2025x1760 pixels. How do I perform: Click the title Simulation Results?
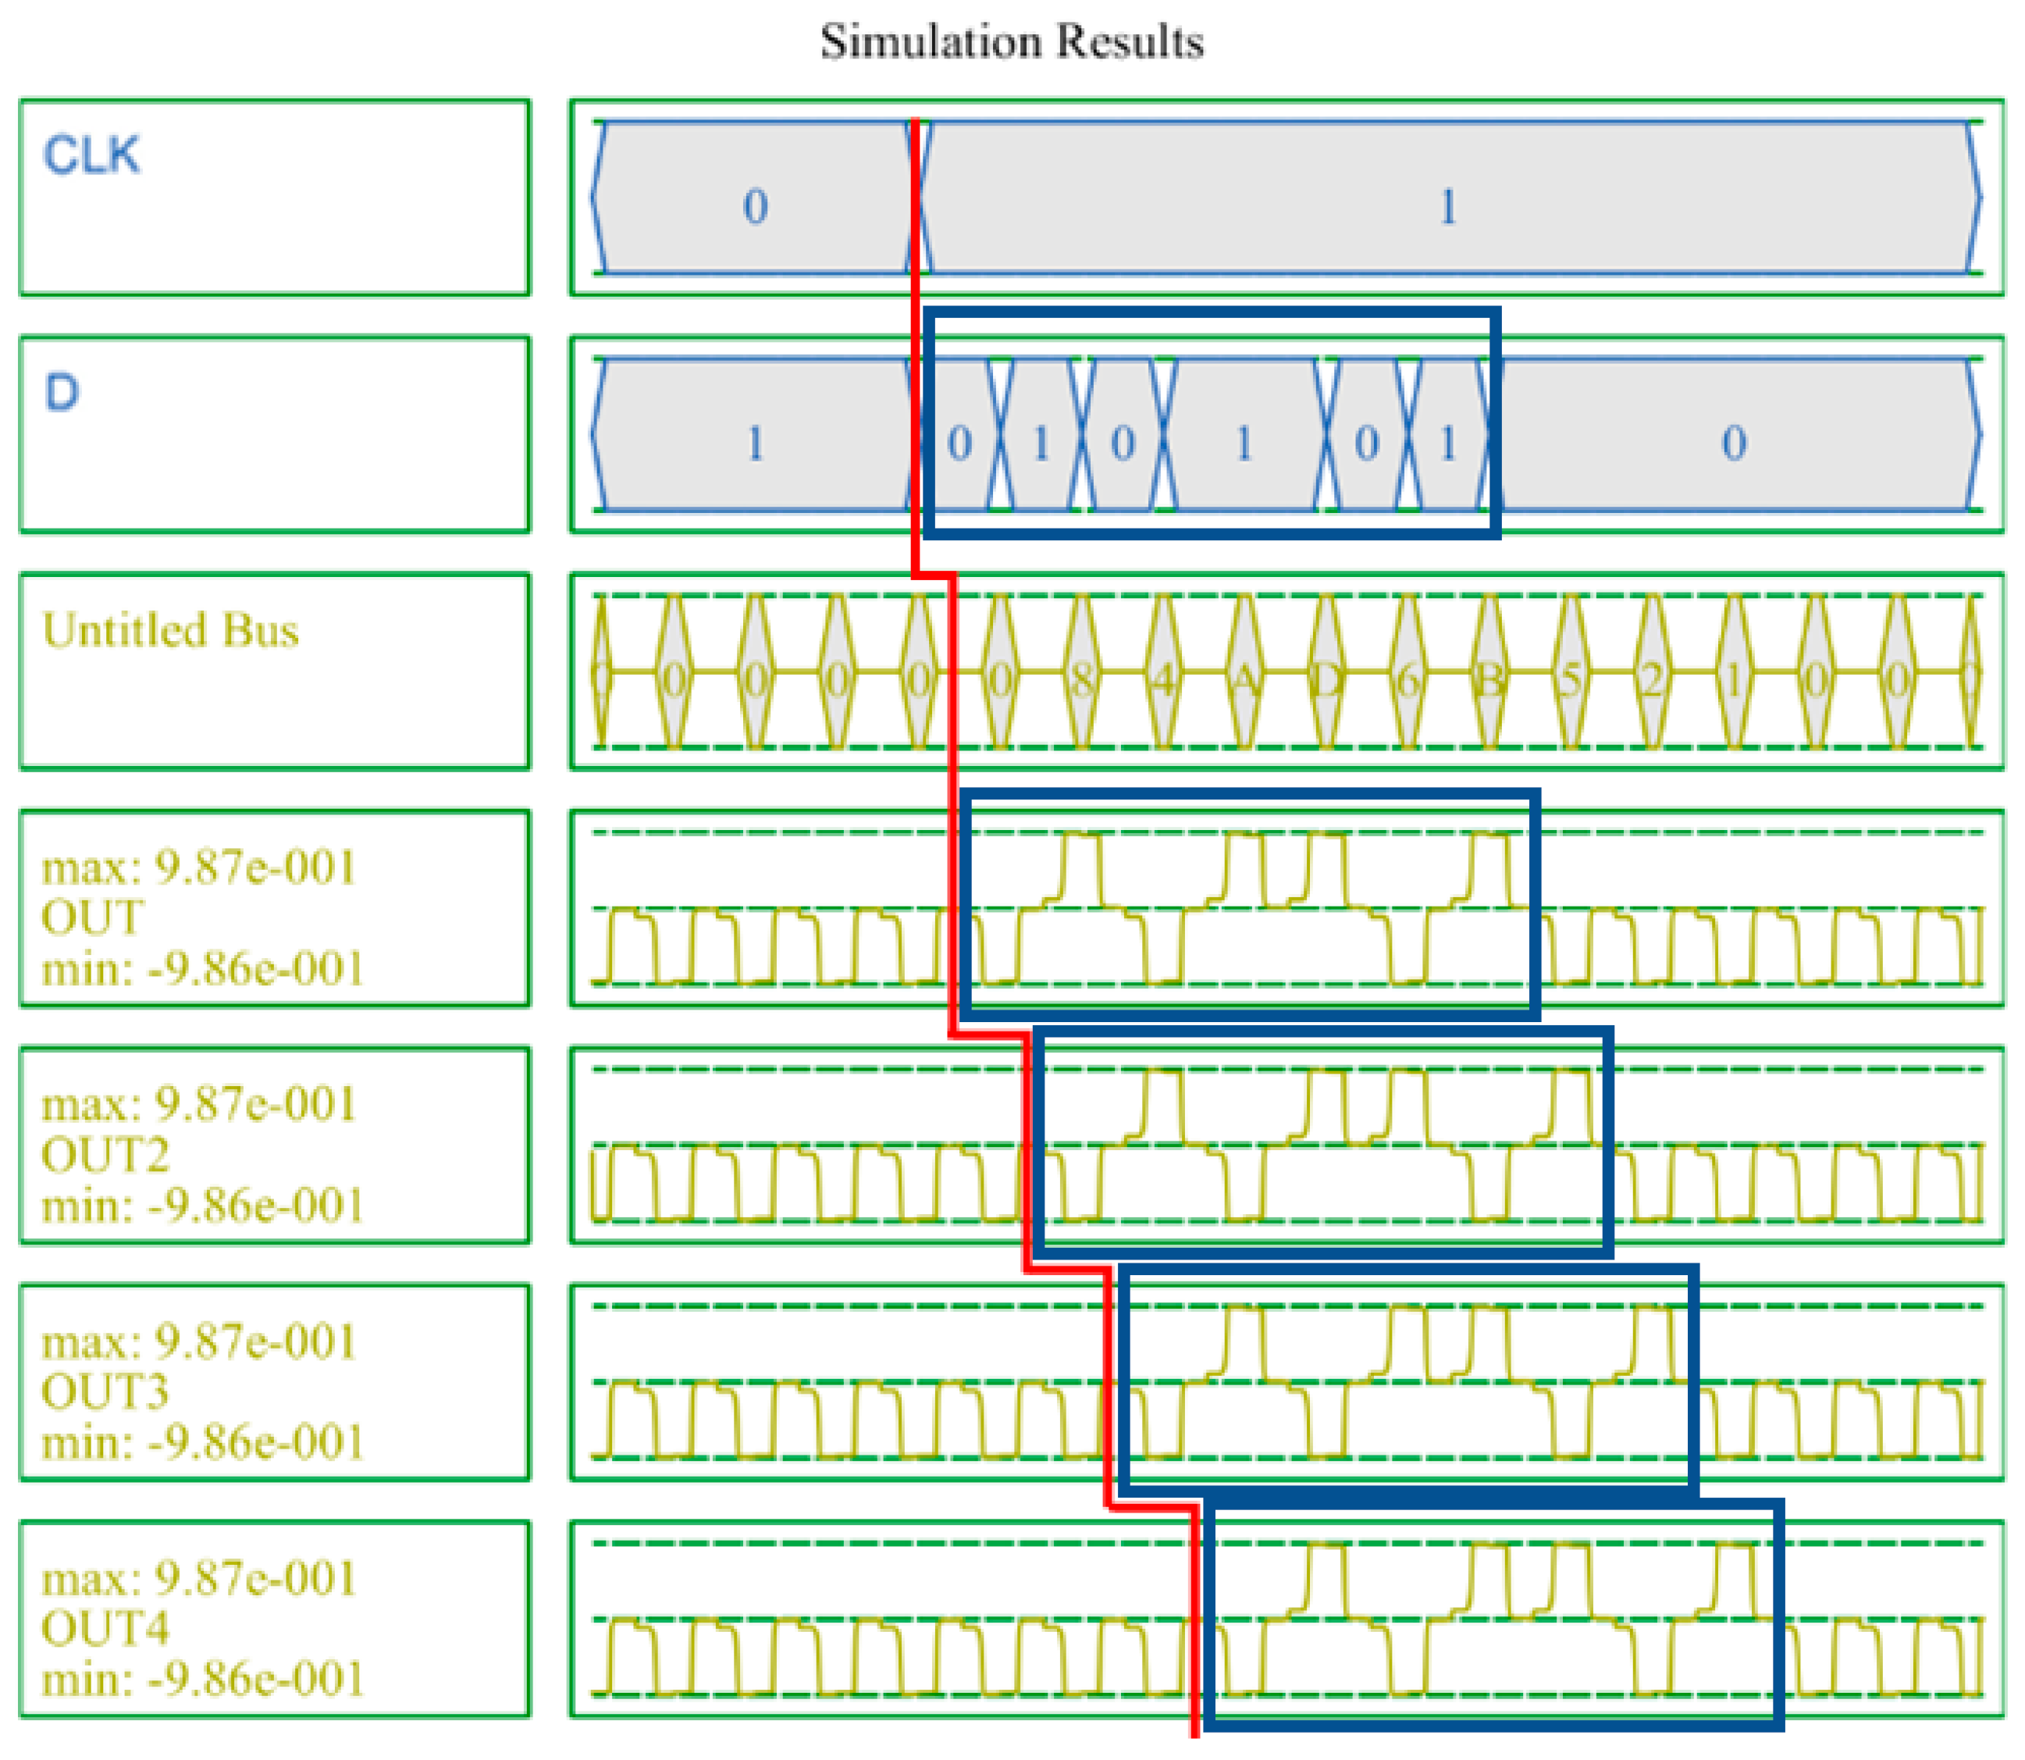click(x=1012, y=41)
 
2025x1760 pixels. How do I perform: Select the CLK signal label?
click(x=91, y=155)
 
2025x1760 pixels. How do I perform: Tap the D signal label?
click(x=61, y=393)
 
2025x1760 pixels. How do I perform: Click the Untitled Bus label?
click(x=170, y=631)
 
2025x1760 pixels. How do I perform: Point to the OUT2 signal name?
click(x=105, y=1155)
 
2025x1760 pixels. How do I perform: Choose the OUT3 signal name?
click(x=105, y=1391)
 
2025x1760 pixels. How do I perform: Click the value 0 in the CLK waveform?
click(x=754, y=206)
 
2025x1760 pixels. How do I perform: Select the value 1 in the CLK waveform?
click(x=1447, y=206)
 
